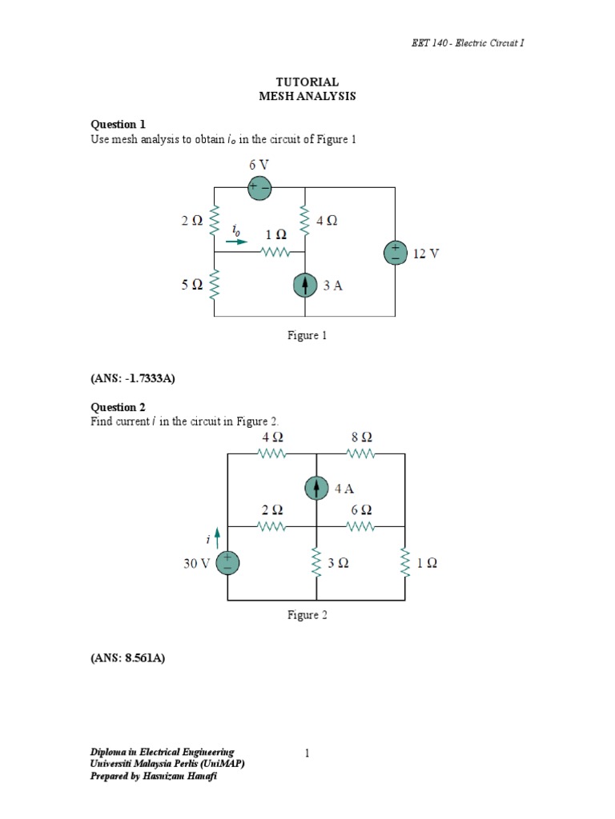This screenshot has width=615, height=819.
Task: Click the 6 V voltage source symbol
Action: [260, 188]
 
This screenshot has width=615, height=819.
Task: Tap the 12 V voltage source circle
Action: [396, 253]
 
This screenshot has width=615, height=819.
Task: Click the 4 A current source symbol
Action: [317, 488]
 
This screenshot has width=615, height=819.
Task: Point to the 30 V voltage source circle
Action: [228, 562]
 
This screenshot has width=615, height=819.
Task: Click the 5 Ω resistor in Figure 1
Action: [215, 284]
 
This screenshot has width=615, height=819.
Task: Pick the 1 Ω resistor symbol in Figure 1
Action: [275, 253]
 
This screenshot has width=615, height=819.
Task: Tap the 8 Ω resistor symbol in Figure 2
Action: [361, 453]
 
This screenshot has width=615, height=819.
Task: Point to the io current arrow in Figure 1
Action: [237, 239]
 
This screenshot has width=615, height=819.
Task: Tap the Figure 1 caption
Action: [307, 336]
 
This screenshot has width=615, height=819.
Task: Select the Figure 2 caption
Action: [307, 615]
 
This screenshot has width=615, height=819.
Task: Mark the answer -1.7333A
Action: [132, 379]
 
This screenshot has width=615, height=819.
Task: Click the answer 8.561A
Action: [127, 660]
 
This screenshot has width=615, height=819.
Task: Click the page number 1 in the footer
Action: [307, 753]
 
